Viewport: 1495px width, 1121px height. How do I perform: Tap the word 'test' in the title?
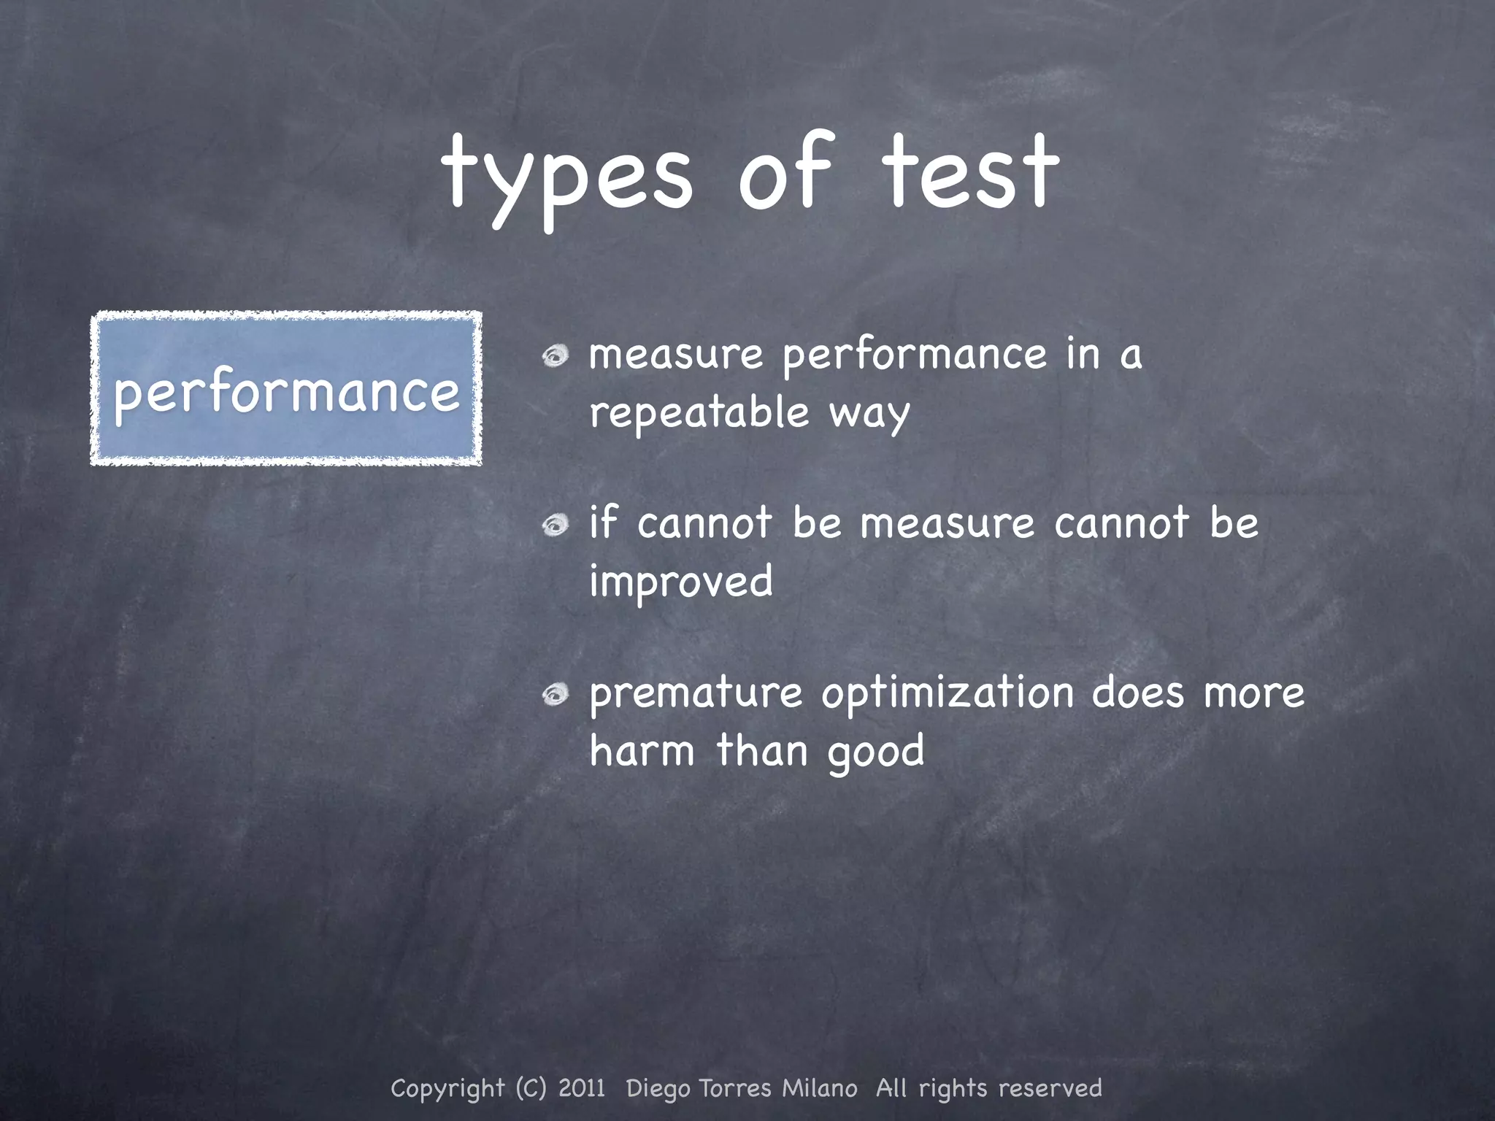pos(970,174)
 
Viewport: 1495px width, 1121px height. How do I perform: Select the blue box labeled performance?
pos(286,388)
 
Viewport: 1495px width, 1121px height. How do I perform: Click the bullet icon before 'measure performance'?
pos(556,356)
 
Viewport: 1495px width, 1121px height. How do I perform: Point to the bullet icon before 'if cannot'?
pos(556,525)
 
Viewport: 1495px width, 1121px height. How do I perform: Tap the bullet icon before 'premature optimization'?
pos(556,695)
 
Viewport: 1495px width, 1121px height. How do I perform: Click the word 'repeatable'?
pos(699,413)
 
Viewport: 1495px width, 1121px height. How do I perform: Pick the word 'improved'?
pos(681,582)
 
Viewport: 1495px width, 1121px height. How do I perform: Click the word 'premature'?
pos(696,693)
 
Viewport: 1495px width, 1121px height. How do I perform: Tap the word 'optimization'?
pos(948,693)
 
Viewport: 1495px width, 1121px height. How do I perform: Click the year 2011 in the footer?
pos(582,1088)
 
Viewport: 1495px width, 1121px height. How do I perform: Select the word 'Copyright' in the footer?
pos(447,1089)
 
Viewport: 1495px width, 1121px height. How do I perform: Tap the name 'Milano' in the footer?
pos(820,1088)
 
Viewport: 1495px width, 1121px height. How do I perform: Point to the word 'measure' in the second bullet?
pos(948,524)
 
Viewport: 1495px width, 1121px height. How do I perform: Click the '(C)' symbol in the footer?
pos(531,1088)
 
